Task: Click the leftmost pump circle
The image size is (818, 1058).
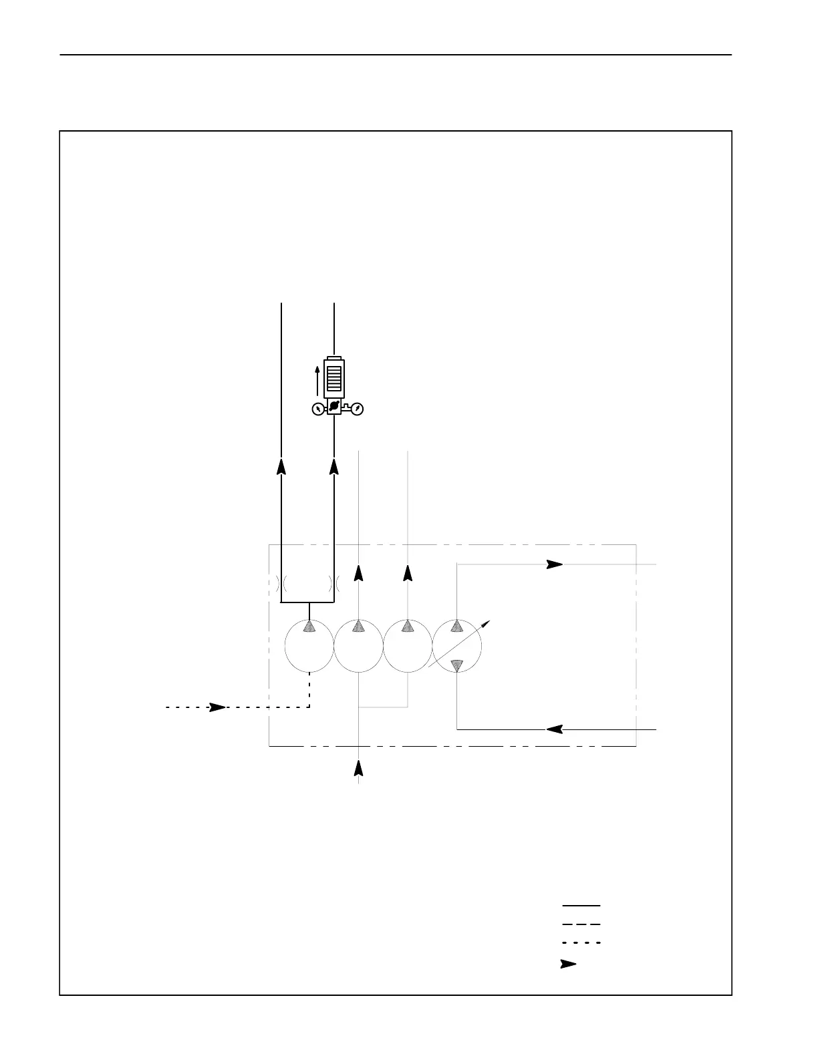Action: pos(309,646)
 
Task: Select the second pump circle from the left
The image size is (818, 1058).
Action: pos(359,646)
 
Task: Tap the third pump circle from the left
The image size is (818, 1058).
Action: pos(408,646)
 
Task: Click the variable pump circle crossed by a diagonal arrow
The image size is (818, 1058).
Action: pos(457,646)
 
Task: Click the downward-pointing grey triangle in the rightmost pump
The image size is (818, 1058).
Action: pos(457,665)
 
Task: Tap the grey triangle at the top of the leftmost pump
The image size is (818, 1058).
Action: pos(309,626)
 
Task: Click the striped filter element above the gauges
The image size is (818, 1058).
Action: pos(333,376)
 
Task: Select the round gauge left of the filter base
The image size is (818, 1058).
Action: pos(318,409)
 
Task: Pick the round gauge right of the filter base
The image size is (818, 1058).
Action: pos(358,409)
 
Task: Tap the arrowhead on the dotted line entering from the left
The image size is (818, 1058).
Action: pos(218,707)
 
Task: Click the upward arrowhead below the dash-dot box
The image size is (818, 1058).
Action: pos(359,768)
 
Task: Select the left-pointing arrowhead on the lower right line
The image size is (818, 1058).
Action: pos(555,729)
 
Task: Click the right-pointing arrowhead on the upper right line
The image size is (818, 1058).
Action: pos(555,564)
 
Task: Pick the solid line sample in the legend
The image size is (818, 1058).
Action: pos(581,906)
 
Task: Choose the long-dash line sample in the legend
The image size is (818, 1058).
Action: pos(581,924)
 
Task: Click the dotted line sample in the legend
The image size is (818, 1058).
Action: pos(581,942)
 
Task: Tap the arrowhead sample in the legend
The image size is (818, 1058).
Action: pos(568,964)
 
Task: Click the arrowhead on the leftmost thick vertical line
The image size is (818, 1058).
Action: pos(281,466)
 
